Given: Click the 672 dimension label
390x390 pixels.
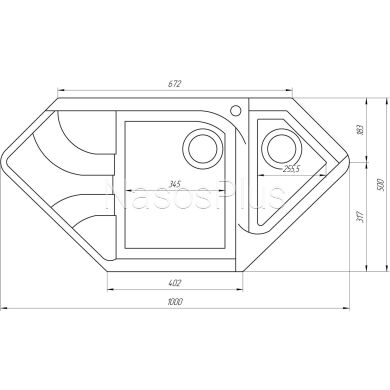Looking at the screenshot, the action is pyautogui.click(x=174, y=84).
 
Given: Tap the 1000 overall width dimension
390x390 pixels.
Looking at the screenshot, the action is pyautogui.click(x=175, y=302).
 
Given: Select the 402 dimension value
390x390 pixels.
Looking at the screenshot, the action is pyautogui.click(x=174, y=283).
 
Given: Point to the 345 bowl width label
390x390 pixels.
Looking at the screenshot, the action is pyautogui.click(x=174, y=184).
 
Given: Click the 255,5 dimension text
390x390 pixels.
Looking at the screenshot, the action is pyautogui.click(x=292, y=169).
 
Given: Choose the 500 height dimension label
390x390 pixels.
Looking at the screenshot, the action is pyautogui.click(x=382, y=184).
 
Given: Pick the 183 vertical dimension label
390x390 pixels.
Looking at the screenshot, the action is pyautogui.click(x=359, y=129).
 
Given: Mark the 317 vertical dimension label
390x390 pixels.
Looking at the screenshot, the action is pyautogui.click(x=359, y=217).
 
